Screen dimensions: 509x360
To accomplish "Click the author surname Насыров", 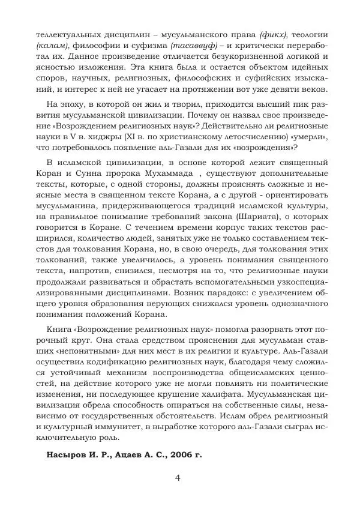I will click(x=68, y=454).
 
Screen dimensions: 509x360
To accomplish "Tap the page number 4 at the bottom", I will click(x=178, y=478).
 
